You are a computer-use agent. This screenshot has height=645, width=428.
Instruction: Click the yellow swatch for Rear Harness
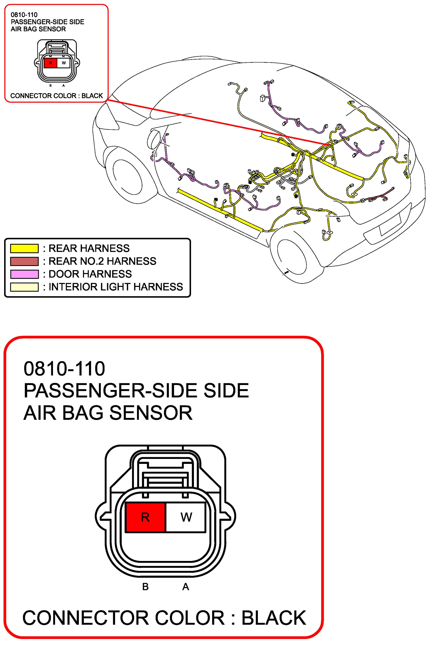coord(24,248)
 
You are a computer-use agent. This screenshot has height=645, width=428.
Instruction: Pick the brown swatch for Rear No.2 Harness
coord(24,261)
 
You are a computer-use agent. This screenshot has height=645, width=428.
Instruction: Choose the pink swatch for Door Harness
coord(24,274)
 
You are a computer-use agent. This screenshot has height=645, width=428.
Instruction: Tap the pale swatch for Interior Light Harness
coord(24,287)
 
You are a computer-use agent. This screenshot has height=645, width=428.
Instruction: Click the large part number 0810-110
coord(64,369)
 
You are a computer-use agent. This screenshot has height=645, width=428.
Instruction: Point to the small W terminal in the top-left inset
coord(64,63)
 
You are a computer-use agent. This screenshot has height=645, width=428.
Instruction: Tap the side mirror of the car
coord(153,139)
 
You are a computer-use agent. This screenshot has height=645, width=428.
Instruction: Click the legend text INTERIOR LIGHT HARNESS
coord(116,287)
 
